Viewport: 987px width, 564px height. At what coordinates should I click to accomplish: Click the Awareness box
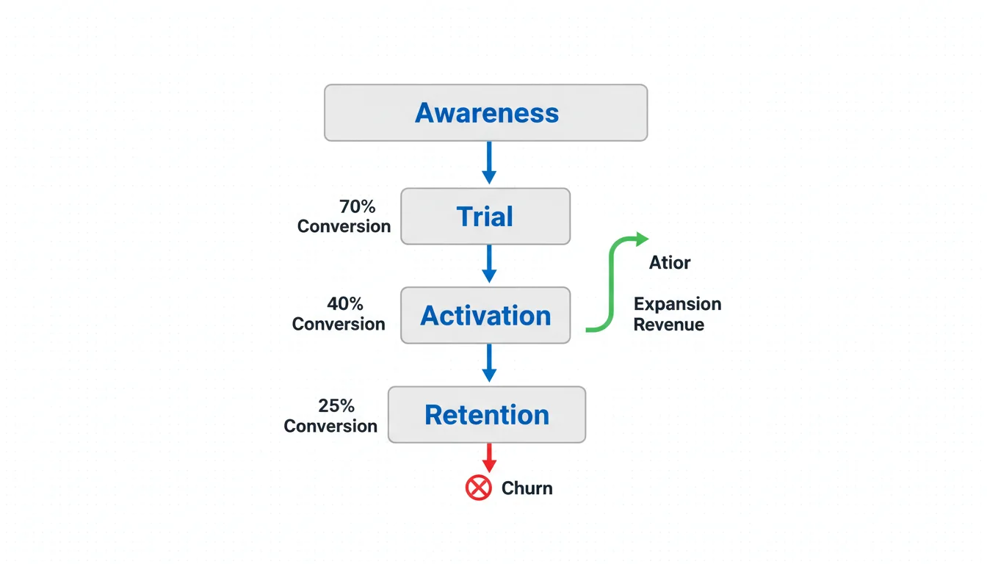click(x=485, y=112)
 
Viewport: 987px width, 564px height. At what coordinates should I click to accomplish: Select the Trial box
click(x=485, y=216)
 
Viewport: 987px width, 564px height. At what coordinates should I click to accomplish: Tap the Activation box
click(x=485, y=315)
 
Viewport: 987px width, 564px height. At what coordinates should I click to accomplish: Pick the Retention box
click(x=487, y=414)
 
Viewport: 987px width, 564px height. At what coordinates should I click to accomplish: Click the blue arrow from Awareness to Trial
click(x=489, y=162)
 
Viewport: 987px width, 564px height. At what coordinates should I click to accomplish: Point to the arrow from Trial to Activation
click(x=489, y=263)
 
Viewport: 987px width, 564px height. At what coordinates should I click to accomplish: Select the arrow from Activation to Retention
click(x=489, y=363)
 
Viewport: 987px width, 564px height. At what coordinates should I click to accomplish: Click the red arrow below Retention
click(x=489, y=458)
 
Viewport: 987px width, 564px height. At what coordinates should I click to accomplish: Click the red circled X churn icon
click(x=479, y=488)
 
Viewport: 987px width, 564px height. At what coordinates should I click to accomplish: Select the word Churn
click(x=527, y=488)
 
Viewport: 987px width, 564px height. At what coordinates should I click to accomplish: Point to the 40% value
click(x=344, y=303)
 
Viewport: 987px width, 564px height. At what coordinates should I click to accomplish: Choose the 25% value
click(x=336, y=405)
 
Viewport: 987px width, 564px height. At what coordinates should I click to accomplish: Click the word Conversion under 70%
click(x=344, y=226)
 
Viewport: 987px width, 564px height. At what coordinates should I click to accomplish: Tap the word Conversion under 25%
click(x=330, y=426)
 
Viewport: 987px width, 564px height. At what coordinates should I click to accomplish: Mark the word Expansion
click(x=677, y=304)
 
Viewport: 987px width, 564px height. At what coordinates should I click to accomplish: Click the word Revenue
click(x=668, y=325)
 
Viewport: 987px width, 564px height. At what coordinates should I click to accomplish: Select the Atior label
click(x=670, y=263)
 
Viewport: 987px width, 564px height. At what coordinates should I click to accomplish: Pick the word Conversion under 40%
click(x=339, y=324)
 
